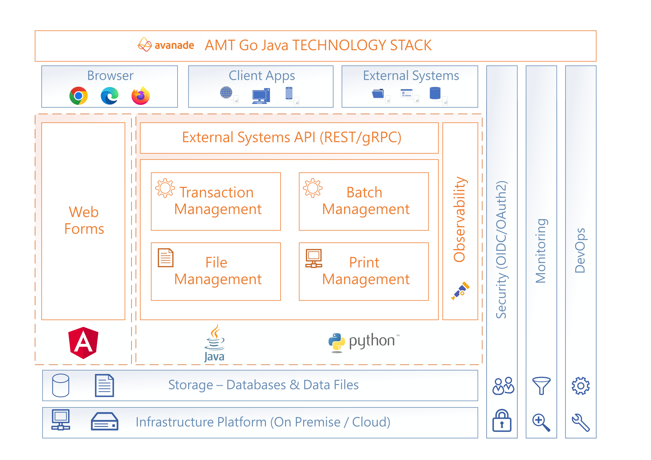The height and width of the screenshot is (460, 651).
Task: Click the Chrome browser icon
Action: [x=78, y=96]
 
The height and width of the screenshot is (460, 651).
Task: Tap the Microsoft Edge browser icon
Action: [x=109, y=96]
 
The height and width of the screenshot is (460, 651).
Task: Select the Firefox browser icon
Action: [x=141, y=96]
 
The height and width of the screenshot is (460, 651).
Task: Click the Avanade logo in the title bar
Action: [x=166, y=45]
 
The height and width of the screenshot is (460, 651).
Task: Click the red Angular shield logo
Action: [x=83, y=343]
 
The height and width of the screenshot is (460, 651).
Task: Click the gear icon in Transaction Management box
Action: [x=165, y=188]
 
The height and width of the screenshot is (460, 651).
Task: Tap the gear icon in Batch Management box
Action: [x=313, y=188]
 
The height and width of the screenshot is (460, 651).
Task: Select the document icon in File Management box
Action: [x=166, y=258]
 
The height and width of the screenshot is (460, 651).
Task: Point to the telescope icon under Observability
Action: [x=460, y=291]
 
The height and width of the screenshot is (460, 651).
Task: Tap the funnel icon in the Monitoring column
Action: [x=541, y=385]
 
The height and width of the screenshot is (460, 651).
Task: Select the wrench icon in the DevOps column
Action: [x=581, y=423]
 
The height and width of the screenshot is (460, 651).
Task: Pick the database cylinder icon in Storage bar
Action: [x=61, y=385]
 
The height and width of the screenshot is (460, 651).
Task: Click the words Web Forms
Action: [x=84, y=220]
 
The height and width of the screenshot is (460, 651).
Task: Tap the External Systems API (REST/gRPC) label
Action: [x=291, y=137]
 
